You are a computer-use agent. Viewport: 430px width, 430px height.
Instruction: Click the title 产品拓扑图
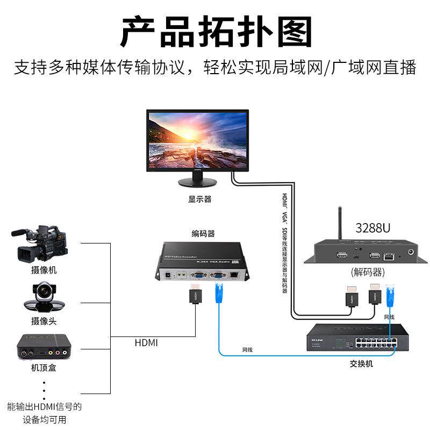[x=215, y=31]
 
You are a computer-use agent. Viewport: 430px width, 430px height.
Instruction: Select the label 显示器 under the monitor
[x=199, y=199]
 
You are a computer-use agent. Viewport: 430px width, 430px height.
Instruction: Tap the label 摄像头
[x=44, y=321]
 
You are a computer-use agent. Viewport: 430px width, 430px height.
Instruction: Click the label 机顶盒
[x=44, y=368]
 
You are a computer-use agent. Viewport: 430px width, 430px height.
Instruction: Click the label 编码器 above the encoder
[x=203, y=233]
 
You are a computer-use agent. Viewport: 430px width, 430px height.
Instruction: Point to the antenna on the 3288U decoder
[x=340, y=226]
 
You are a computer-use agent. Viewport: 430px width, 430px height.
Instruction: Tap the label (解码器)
[x=370, y=271]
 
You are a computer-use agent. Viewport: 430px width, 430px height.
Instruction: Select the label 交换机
[x=361, y=364]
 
